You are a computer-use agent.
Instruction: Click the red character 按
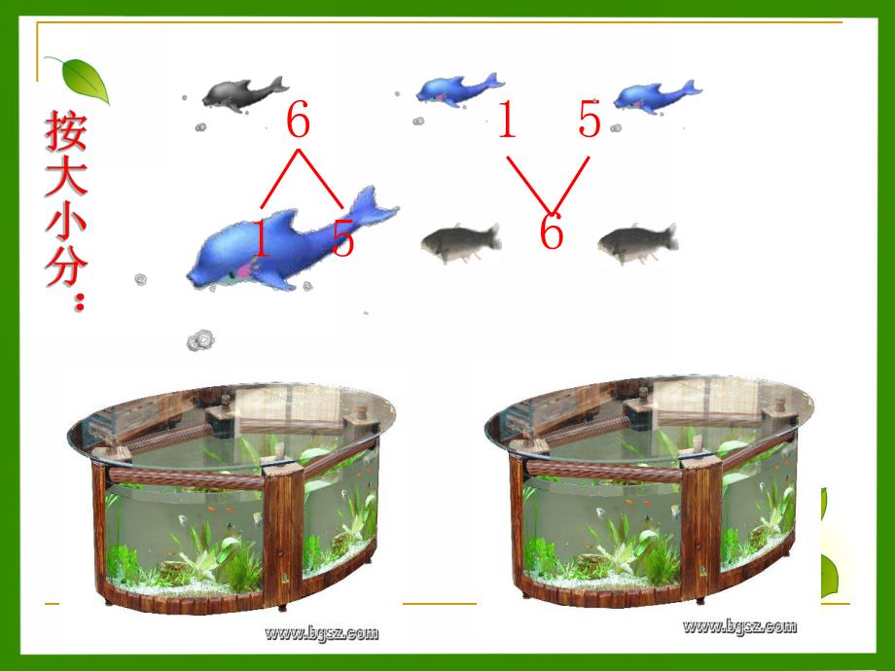click(66, 130)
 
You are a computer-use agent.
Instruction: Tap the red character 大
click(66, 177)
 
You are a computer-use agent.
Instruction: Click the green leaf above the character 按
click(80, 80)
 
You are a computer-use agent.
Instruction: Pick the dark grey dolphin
click(244, 93)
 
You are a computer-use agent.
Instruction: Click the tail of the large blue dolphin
click(373, 206)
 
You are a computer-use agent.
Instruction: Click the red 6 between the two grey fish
click(552, 231)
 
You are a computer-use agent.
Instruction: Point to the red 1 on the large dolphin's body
click(260, 238)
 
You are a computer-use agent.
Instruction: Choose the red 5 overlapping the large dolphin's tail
click(343, 238)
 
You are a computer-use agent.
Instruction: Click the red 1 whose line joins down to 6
click(508, 119)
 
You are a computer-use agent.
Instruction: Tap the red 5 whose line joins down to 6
click(590, 119)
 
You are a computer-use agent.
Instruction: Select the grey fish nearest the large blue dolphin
click(461, 242)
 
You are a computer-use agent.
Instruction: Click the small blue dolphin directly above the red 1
click(459, 89)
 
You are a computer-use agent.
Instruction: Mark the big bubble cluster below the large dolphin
click(201, 340)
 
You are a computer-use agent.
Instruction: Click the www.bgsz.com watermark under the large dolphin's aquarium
click(321, 633)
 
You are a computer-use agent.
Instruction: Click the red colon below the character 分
click(80, 301)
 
